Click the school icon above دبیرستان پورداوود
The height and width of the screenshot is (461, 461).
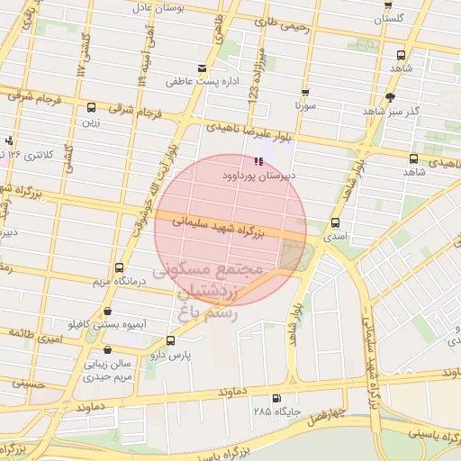point(258,162)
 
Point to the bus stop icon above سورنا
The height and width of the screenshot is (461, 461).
point(305,92)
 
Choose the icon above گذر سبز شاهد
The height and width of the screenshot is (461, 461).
point(390,96)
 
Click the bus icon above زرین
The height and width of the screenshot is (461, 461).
point(91,106)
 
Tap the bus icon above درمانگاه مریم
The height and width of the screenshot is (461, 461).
point(119,267)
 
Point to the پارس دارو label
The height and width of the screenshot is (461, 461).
point(176,356)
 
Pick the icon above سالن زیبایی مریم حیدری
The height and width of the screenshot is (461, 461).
point(107,349)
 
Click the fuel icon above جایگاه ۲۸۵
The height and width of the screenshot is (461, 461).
point(276,398)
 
